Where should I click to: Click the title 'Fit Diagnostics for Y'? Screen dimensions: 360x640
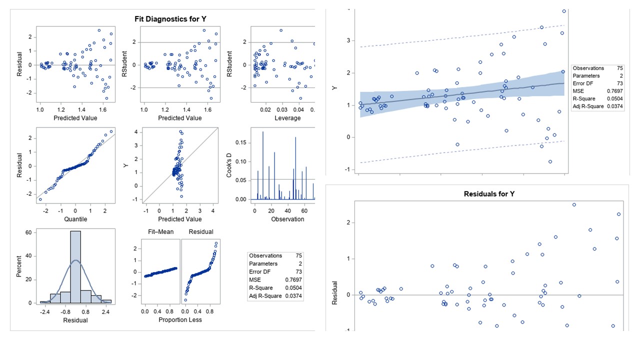170,19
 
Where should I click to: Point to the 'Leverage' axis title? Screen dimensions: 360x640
288,118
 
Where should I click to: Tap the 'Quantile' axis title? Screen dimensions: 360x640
75,219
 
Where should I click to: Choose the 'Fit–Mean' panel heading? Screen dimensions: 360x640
157,231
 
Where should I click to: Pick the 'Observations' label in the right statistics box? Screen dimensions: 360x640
588,68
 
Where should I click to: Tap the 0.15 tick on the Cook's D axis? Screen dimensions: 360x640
241,143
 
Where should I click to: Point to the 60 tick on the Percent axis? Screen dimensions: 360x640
30,232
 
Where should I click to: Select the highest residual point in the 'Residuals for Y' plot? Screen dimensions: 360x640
574,204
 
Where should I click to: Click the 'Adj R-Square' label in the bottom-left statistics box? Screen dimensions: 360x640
266,296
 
